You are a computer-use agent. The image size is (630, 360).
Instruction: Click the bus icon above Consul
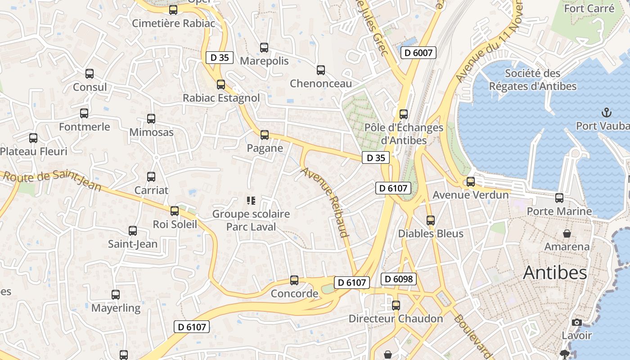point(90,73)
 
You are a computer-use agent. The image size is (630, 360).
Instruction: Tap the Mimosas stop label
point(151,132)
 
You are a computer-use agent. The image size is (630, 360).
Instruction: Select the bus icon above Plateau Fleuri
point(33,138)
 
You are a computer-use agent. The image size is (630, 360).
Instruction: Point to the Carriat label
point(151,190)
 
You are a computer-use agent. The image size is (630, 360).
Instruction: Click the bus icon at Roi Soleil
point(175,211)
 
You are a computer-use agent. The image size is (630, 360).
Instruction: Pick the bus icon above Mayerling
point(116,295)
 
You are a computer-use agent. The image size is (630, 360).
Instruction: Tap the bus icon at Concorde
point(294,280)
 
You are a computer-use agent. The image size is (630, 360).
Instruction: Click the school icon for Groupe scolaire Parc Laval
point(251,200)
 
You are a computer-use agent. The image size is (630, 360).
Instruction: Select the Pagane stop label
point(265,148)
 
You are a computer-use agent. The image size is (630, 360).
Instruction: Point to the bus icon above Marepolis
point(264,47)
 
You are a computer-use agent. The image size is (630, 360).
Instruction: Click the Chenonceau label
point(321,84)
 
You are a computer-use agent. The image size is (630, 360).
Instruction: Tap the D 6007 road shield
point(418,53)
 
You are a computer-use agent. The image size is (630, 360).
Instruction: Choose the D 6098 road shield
point(399,279)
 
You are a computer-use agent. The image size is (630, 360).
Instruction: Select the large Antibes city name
point(555,273)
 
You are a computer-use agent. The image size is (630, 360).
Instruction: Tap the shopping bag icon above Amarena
point(567,233)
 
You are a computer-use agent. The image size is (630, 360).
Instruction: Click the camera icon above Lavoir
point(576,322)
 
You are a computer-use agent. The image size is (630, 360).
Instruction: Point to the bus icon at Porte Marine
point(559,198)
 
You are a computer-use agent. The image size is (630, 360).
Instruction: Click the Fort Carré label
point(589,9)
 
